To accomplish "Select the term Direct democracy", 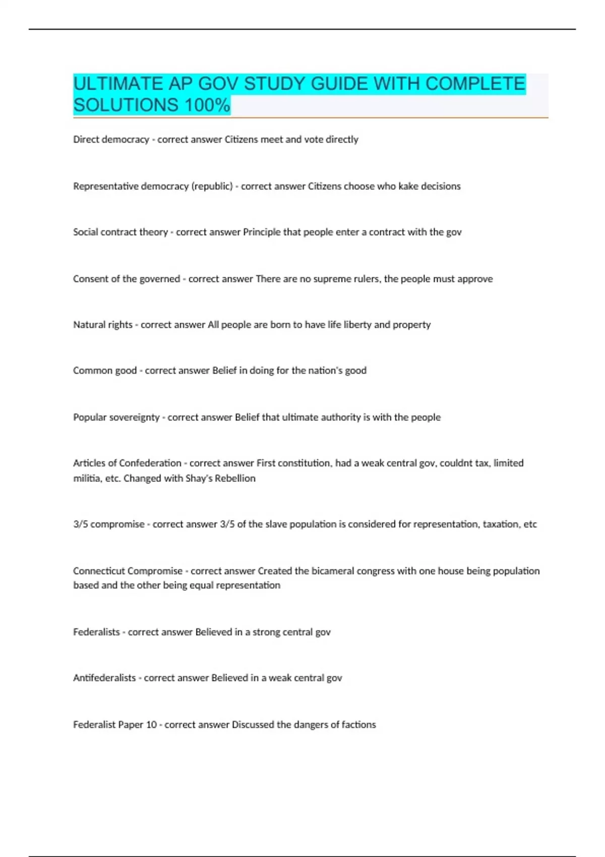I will [111, 140].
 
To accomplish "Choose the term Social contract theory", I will [120, 232].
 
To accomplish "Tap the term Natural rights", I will [103, 325].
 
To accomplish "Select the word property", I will [412, 325].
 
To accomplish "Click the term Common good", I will [105, 371].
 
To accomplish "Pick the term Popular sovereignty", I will [116, 417].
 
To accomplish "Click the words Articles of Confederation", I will [127, 463].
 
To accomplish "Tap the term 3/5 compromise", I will [109, 524].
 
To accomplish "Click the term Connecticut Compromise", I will [128, 571].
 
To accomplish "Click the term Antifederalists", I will [104, 678].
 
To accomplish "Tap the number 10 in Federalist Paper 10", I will [151, 725].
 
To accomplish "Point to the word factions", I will [359, 725].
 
